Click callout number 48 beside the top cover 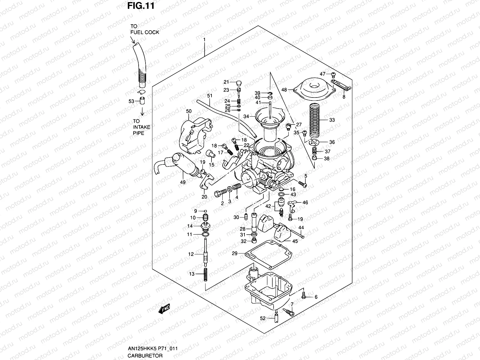click(284, 89)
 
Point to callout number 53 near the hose click(131, 101)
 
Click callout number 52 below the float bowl click(263, 319)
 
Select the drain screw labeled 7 click(290, 312)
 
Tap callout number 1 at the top click(204, 40)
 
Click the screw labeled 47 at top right click(333, 74)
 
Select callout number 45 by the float click(295, 241)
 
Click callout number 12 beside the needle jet click(191, 254)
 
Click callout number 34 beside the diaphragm click(246, 116)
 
